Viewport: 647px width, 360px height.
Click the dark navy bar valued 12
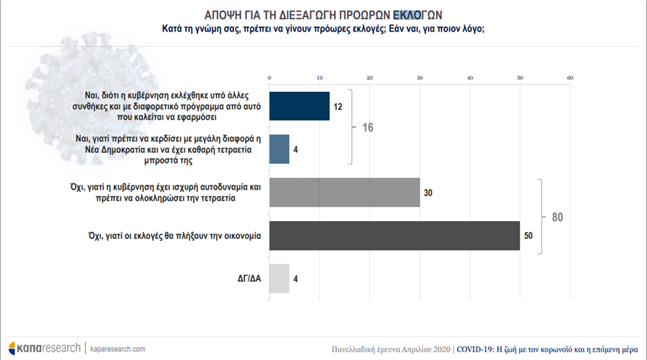click(299, 105)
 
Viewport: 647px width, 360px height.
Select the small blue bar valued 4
click(279, 148)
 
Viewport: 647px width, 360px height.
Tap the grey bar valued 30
click(344, 192)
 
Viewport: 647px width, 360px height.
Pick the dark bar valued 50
click(395, 235)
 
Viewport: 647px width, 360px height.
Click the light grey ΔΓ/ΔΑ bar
click(279, 278)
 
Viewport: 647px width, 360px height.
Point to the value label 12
click(339, 106)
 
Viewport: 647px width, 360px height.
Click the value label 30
click(429, 192)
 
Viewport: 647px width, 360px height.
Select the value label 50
click(529, 236)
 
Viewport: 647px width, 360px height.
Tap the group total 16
click(368, 128)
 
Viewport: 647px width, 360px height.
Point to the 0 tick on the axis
click(270, 77)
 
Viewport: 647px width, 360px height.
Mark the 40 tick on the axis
click(470, 77)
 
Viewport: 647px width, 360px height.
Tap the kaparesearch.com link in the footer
click(118, 348)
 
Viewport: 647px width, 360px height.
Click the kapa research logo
click(44, 348)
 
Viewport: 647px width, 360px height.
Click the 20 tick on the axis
click(370, 77)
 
